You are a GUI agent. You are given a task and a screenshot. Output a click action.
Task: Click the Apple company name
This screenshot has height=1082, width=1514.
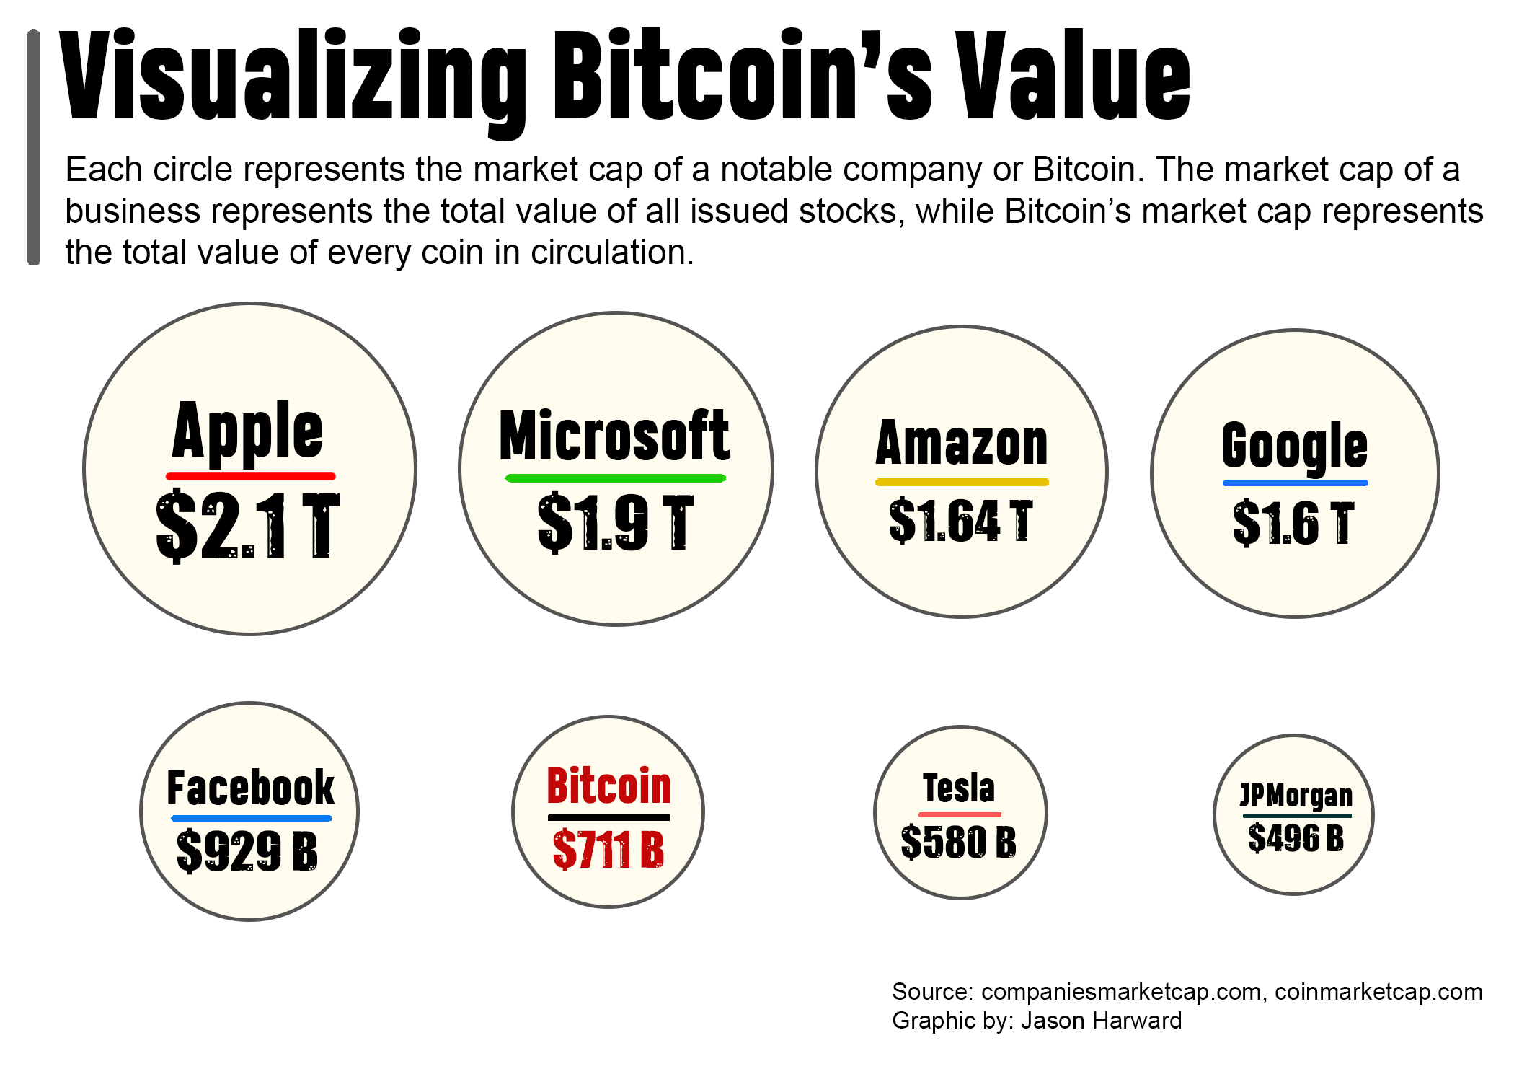click(248, 431)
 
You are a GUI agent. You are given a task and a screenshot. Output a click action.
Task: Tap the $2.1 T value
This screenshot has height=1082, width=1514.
click(248, 525)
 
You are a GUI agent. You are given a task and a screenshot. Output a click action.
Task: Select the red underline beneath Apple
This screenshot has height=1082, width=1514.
click(250, 476)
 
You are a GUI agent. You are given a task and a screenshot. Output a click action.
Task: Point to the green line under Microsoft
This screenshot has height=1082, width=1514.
click(615, 478)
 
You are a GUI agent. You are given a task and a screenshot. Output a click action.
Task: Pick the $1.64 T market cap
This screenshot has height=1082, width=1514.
click(961, 520)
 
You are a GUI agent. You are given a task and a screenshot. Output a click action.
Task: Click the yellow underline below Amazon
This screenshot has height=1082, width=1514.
click(962, 482)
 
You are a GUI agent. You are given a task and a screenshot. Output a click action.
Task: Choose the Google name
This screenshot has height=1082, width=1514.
click(1294, 446)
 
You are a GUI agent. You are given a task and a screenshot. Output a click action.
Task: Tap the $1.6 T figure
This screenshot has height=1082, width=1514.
click(1293, 523)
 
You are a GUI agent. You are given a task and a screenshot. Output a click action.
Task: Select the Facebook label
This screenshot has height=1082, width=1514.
click(250, 788)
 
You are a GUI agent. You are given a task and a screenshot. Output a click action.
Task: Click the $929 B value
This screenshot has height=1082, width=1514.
click(247, 850)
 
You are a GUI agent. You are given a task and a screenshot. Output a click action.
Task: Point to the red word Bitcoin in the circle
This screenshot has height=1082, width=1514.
click(609, 786)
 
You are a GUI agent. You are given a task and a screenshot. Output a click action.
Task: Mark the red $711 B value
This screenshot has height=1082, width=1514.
click(608, 849)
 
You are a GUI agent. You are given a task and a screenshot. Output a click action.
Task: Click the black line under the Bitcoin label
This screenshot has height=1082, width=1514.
click(608, 817)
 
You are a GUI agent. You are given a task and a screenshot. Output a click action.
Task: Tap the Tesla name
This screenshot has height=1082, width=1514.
click(959, 788)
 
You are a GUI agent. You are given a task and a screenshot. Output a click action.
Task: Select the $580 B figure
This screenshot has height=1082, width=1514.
click(959, 842)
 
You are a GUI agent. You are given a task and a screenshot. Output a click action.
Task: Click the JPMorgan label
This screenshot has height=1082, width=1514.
click(1296, 795)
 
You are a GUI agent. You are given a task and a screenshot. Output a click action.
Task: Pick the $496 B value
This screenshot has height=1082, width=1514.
click(1296, 838)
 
